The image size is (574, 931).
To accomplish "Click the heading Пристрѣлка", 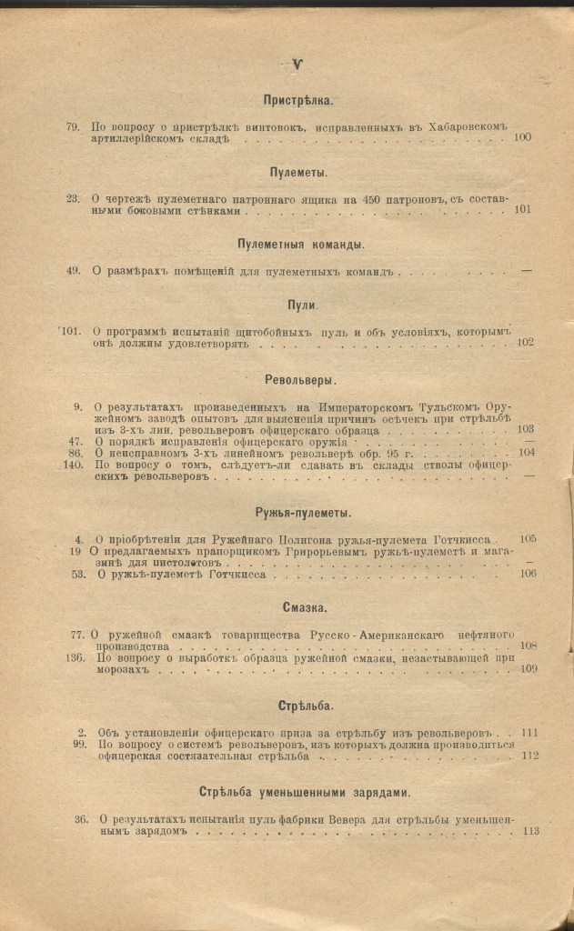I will click(x=298, y=102).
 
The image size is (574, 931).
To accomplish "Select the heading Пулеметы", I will click(x=298, y=173).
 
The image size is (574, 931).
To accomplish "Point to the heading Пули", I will click(x=300, y=305).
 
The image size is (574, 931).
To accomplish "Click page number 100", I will click(x=523, y=137).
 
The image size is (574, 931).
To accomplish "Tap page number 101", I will click(x=523, y=209).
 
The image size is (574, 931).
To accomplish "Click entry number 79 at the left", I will click(x=74, y=126).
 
